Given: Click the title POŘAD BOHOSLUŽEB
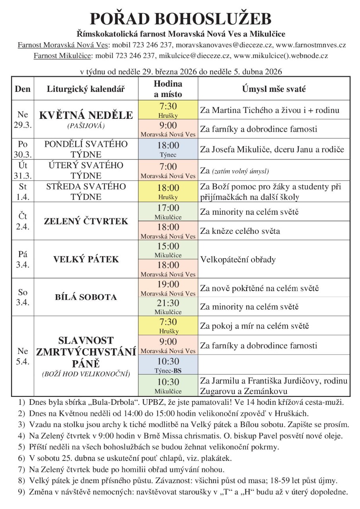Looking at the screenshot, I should (x=180, y=19).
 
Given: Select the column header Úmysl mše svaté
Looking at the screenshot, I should (x=274, y=89).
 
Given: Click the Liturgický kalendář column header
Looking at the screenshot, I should (x=86, y=89).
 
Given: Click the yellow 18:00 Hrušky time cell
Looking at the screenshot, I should (x=168, y=191).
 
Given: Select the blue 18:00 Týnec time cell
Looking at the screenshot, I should (x=168, y=150).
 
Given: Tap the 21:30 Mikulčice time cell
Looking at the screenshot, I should (x=168, y=307).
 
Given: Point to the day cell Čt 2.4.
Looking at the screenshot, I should (x=23, y=221).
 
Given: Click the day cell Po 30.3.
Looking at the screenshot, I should (x=23, y=150).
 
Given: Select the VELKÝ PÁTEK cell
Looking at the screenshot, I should (x=86, y=259).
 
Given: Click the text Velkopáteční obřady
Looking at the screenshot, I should (x=238, y=260).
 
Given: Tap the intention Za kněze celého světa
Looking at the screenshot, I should (x=240, y=231).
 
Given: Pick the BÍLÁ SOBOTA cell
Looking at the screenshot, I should (x=86, y=297).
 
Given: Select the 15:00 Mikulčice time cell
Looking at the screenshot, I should (x=168, y=249).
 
